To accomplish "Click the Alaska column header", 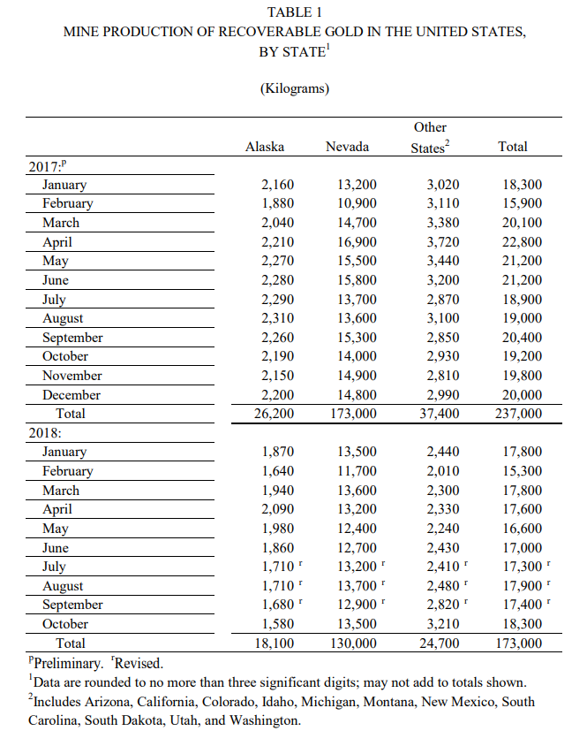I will (264, 147).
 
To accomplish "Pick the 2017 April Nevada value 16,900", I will (357, 242).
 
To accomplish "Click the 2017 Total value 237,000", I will (518, 414).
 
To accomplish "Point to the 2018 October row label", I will (65, 624).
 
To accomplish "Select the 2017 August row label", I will (63, 318).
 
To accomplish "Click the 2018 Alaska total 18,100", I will (274, 643).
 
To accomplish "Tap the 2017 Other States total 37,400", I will (436, 414).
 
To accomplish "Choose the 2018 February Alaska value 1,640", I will (279, 471).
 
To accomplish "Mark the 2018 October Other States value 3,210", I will (443, 624).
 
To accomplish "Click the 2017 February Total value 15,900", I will (522, 203).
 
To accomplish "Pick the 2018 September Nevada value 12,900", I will (357, 605).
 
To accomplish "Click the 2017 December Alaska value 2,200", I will (279, 395).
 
